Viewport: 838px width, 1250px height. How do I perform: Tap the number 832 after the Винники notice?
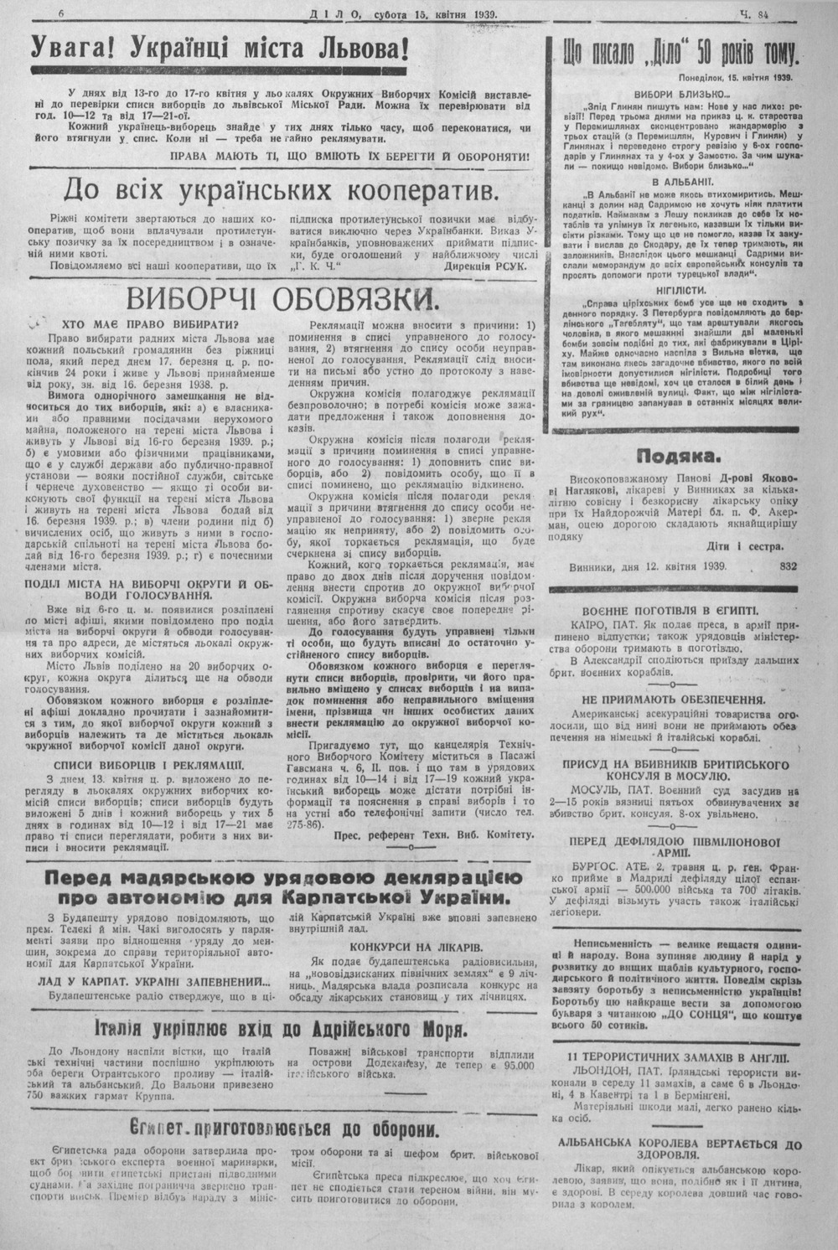789,566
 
